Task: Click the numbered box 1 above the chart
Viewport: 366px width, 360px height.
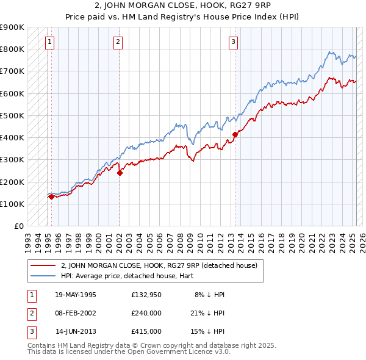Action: click(49, 42)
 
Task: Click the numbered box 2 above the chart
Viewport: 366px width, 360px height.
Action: click(118, 42)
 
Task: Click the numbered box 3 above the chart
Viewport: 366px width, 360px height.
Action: click(233, 42)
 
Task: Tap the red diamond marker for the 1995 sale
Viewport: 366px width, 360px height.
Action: click(51, 196)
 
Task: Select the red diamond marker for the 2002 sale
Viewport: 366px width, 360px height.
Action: click(120, 173)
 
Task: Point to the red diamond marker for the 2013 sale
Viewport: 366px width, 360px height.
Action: click(235, 134)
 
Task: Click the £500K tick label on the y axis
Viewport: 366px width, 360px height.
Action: click(12, 115)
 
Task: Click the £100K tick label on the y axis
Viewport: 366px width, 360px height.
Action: click(12, 204)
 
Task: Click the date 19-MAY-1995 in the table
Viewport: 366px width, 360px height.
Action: click(76, 294)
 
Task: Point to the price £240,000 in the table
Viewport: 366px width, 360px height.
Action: click(146, 313)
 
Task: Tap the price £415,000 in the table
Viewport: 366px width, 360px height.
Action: click(146, 332)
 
